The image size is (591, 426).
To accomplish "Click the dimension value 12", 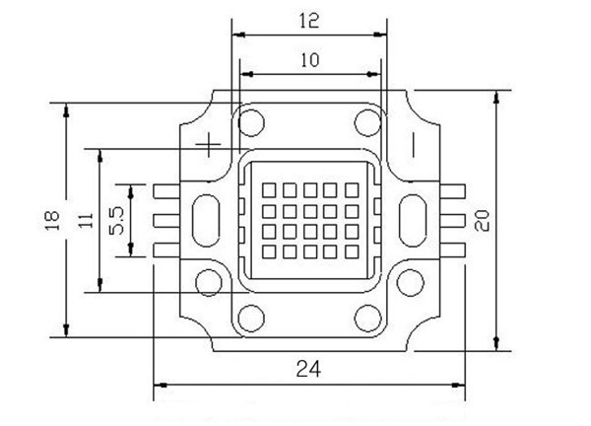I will pos(308,19).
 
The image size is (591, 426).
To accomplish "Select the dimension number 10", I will pos(308,59).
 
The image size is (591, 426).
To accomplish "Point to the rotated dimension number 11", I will pos(87,219).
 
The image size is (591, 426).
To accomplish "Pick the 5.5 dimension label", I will pos(116,220).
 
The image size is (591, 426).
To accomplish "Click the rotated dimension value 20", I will pos(483,219).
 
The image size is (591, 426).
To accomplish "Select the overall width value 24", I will pos(308,369).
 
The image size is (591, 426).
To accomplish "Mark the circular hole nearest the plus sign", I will pos(250,122).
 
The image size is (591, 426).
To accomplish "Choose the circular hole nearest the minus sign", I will pos(368,122).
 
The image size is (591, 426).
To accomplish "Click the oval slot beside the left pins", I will pos(208,219).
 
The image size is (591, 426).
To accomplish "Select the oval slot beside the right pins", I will pos(411,219).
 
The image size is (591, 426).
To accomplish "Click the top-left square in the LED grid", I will pos(270,189).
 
